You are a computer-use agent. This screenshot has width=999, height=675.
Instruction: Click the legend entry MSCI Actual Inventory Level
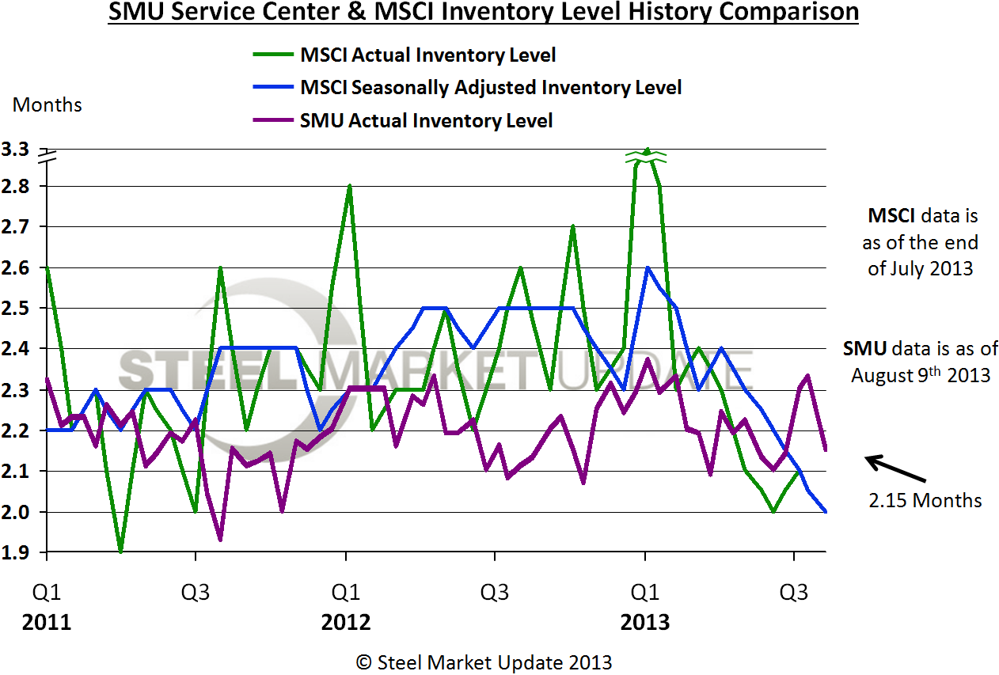(427, 55)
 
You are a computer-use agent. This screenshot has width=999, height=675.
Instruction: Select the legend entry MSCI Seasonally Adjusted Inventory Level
(491, 87)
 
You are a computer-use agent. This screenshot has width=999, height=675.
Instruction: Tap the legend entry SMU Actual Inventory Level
(426, 120)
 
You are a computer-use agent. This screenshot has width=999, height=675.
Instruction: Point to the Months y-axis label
(47, 104)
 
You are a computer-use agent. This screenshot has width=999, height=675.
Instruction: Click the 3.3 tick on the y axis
(17, 149)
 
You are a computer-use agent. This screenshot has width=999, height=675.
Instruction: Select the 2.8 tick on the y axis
(17, 187)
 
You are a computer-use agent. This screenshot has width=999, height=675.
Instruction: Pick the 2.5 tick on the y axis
(17, 309)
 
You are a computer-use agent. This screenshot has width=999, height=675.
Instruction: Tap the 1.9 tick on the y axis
(17, 552)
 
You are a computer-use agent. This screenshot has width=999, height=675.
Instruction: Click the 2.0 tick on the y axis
(17, 512)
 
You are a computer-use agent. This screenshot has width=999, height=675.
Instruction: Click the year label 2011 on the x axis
(47, 623)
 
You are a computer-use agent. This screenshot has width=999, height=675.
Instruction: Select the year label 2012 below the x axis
(346, 623)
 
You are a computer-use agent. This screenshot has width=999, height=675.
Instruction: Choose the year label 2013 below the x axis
(645, 623)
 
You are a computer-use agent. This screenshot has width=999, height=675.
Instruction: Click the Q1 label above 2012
(346, 592)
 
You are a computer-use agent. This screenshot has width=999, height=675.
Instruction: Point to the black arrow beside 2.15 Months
(895, 468)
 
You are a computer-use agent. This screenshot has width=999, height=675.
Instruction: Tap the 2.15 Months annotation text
(925, 500)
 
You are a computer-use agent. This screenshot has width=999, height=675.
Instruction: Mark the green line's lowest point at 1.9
(121, 552)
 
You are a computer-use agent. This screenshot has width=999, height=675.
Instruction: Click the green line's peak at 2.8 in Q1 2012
(349, 186)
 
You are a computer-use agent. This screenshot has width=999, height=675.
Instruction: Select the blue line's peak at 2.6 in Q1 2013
(648, 267)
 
